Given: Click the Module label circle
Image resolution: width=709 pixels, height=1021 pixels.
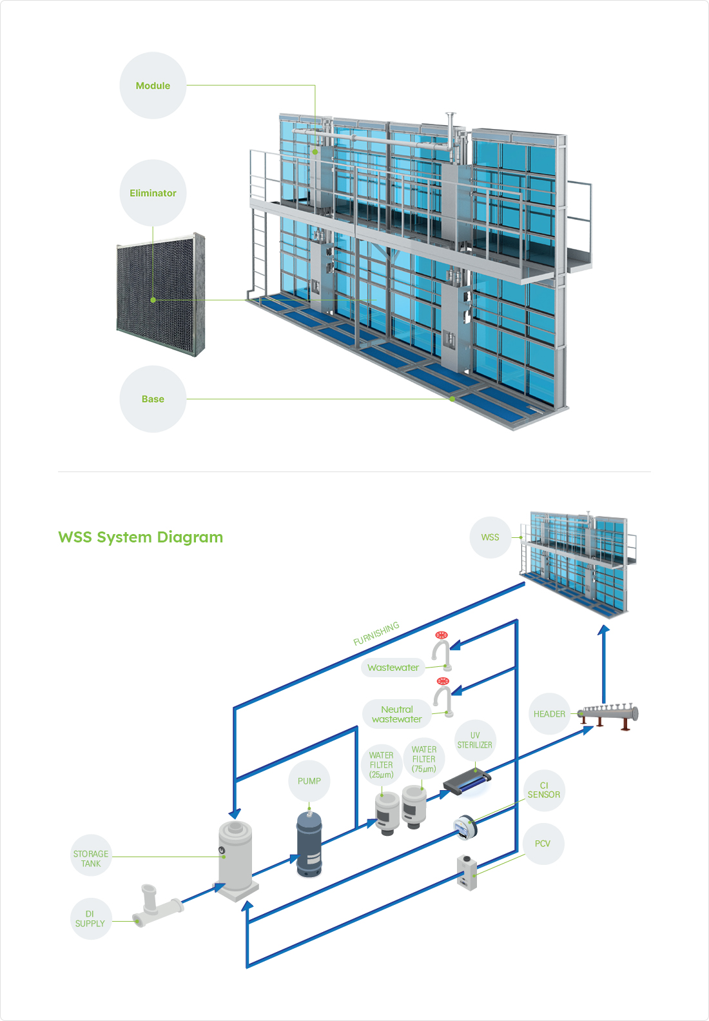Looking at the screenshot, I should pos(153,86).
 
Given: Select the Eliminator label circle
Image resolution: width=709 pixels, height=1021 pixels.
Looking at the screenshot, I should pos(153,193).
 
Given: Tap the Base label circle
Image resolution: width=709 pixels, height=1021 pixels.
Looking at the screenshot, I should pos(153,399).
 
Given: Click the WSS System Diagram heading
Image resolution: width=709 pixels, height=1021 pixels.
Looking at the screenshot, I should pos(141,537).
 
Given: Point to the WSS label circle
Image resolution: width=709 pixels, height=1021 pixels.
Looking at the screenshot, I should pos(490,537).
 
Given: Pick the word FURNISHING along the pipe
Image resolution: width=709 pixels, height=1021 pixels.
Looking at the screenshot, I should pos(376,633).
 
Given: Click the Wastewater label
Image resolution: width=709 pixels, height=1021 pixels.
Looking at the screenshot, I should pos(393,668).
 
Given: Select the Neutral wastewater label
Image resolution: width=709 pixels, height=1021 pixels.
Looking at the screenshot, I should pos(397,714).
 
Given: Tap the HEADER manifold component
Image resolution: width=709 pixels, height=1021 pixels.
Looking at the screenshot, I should pos(608,714).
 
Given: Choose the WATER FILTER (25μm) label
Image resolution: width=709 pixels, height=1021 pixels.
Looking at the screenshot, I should pos(381,765).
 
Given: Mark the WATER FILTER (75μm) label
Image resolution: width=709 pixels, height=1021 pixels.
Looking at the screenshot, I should pos(424,759).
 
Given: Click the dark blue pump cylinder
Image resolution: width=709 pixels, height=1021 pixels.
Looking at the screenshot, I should pos(309,844).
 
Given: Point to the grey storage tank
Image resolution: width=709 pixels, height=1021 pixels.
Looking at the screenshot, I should pos(235,855).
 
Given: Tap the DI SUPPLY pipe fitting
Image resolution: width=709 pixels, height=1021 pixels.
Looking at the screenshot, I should pos(157,907).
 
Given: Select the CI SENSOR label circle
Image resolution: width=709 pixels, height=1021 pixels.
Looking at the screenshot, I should pos(543,790).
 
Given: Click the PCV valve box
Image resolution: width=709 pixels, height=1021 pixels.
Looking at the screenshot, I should pos(467,872).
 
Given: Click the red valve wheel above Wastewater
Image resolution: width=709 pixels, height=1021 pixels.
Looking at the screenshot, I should pos(442,635).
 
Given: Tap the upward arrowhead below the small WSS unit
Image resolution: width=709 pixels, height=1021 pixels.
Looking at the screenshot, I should pos(603,630).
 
